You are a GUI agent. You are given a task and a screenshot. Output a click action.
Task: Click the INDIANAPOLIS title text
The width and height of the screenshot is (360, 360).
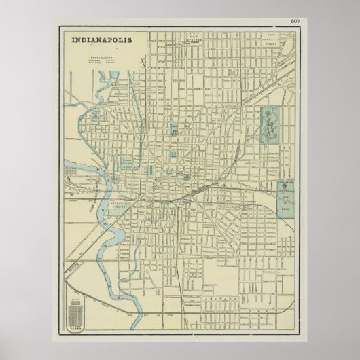point(104,40)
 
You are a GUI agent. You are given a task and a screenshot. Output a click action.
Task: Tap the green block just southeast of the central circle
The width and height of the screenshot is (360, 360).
point(184,178)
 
